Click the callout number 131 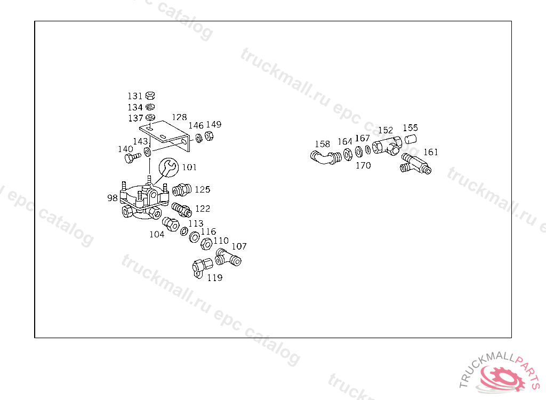(135, 96)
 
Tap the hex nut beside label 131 (150, 95)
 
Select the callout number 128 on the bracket (179, 117)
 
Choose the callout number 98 (112, 198)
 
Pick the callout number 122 (203, 209)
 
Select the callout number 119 (215, 278)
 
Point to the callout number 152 (386, 130)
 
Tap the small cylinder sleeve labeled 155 (409, 140)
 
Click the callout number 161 (431, 152)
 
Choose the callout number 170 (363, 165)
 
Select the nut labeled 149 (209, 137)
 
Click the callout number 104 (157, 234)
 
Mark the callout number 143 (140, 141)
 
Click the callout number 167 (362, 139)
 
